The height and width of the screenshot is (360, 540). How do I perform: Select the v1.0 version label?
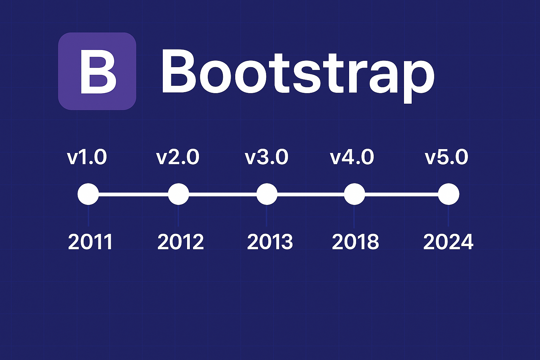pyautogui.click(x=87, y=157)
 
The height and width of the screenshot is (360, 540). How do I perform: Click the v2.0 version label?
pyautogui.click(x=178, y=157)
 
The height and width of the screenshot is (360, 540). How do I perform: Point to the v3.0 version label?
pyautogui.click(x=266, y=157)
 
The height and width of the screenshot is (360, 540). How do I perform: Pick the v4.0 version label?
pyautogui.click(x=352, y=157)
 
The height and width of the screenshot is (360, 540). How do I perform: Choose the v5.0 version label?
pyautogui.click(x=446, y=157)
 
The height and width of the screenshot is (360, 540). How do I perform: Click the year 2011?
pyautogui.click(x=90, y=242)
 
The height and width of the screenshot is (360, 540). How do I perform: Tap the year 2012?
pyautogui.click(x=180, y=242)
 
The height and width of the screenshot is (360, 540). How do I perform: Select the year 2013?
pyautogui.click(x=270, y=242)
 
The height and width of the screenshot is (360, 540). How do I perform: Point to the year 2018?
pyautogui.click(x=355, y=242)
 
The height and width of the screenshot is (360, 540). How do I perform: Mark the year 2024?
pyautogui.click(x=448, y=242)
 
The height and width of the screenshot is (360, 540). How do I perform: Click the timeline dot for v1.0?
pyautogui.click(x=88, y=194)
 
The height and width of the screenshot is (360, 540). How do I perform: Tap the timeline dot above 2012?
pyautogui.click(x=179, y=194)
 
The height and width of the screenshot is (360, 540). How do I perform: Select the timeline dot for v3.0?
pyautogui.click(x=267, y=194)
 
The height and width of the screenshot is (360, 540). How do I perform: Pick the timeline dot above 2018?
pyautogui.click(x=354, y=194)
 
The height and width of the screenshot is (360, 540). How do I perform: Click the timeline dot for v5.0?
pyautogui.click(x=449, y=194)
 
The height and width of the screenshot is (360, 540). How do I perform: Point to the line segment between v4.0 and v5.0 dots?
pyautogui.click(x=401, y=194)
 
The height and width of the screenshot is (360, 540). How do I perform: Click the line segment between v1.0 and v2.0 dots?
pyautogui.click(x=134, y=194)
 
